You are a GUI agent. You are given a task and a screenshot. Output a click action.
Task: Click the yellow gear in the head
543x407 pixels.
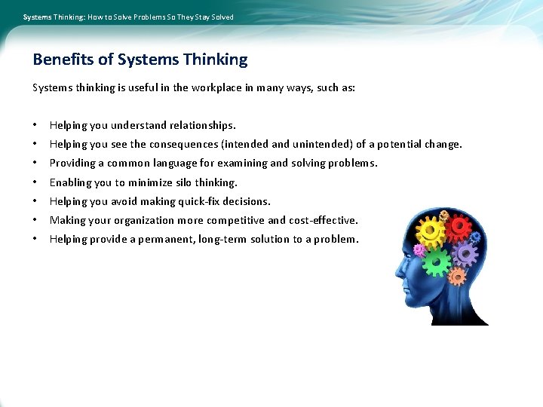tap(430, 230)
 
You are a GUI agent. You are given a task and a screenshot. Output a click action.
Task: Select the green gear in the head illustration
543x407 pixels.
tap(437, 262)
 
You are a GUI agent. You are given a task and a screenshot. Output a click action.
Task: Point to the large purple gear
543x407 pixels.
tap(465, 255)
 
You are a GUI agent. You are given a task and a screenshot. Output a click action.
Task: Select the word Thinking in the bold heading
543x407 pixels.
tap(215, 60)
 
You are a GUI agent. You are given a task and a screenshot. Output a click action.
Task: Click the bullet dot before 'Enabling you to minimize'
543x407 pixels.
tap(35, 182)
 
